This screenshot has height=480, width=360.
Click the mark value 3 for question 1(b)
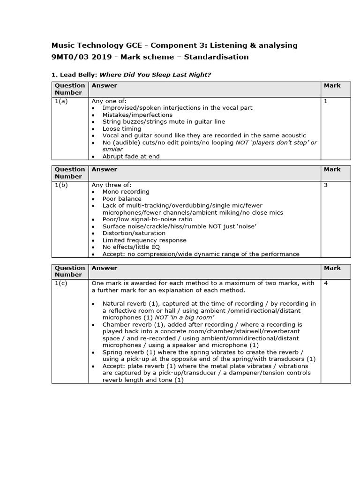tap(326, 185)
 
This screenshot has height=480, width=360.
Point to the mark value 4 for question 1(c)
tap(326, 283)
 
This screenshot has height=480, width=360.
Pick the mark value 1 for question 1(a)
tap(326, 101)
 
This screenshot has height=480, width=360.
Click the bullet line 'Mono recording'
tap(126, 192)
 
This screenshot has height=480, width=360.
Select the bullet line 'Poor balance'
tap(122, 199)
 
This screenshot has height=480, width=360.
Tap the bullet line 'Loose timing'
tap(121, 128)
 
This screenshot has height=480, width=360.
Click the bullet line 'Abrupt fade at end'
tap(131, 157)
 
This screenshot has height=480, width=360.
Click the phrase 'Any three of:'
tap(112, 185)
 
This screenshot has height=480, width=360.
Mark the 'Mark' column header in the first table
tap(332, 86)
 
